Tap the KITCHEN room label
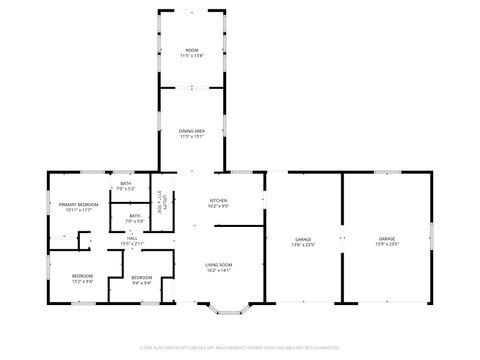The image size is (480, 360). (x=218, y=200)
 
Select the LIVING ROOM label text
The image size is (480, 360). (x=218, y=264)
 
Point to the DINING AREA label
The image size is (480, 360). (x=192, y=131)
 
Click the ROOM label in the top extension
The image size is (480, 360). (x=192, y=49)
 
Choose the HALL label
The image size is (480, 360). (x=133, y=238)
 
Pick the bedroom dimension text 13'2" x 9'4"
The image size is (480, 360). (x=82, y=282)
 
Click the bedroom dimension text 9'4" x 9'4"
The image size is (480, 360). (x=142, y=283)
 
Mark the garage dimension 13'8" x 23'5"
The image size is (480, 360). (x=304, y=244)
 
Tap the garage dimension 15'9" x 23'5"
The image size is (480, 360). (x=387, y=244)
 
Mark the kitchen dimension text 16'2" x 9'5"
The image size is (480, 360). (x=218, y=206)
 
